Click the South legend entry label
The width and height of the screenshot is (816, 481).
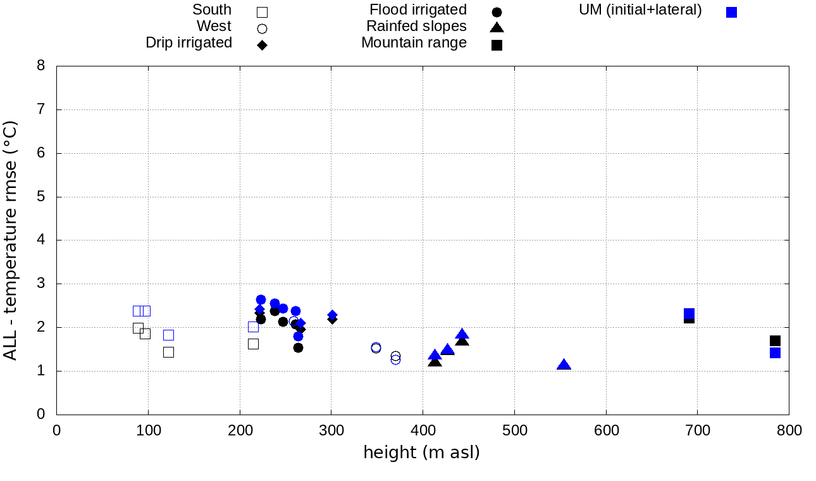(x=212, y=9)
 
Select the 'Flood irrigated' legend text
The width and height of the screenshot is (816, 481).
(x=417, y=9)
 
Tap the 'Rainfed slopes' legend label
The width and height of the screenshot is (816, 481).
(x=416, y=26)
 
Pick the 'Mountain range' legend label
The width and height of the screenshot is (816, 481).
(x=414, y=42)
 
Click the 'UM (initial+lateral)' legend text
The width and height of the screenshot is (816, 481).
(x=640, y=9)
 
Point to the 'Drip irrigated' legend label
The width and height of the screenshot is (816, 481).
(x=189, y=42)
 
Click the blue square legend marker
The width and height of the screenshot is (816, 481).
(x=731, y=12)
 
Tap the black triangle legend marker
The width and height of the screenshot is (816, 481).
(x=497, y=27)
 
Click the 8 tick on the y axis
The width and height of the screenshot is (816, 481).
(x=42, y=66)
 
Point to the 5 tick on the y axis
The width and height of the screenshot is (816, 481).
(x=42, y=197)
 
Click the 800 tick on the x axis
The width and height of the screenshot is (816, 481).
(x=789, y=431)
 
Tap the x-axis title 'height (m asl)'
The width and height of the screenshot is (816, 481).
(x=421, y=453)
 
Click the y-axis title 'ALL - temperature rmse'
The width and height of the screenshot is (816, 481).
(x=11, y=240)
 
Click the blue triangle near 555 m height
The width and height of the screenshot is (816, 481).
(x=564, y=365)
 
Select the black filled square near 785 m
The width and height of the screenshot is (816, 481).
(x=775, y=340)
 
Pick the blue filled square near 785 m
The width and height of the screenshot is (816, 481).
(x=775, y=353)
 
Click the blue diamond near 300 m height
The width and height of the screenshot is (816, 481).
(x=332, y=315)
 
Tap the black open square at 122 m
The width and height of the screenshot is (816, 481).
(x=168, y=352)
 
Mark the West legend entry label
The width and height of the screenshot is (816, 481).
(x=214, y=26)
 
